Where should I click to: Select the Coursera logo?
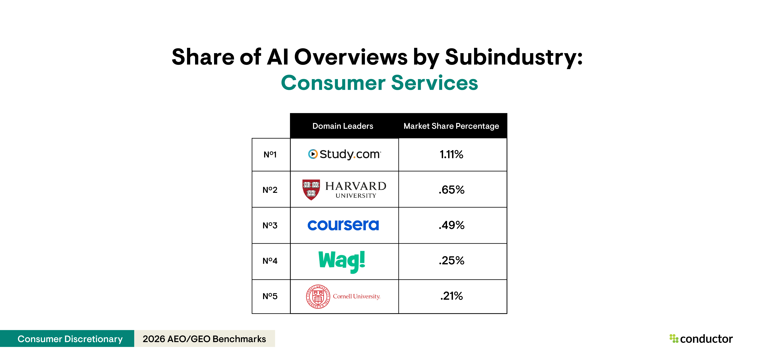343,225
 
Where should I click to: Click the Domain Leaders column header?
343,126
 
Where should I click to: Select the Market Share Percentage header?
451,126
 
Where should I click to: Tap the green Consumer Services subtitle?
379,83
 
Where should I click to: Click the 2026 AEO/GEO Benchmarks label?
204,339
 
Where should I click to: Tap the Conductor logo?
701,339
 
